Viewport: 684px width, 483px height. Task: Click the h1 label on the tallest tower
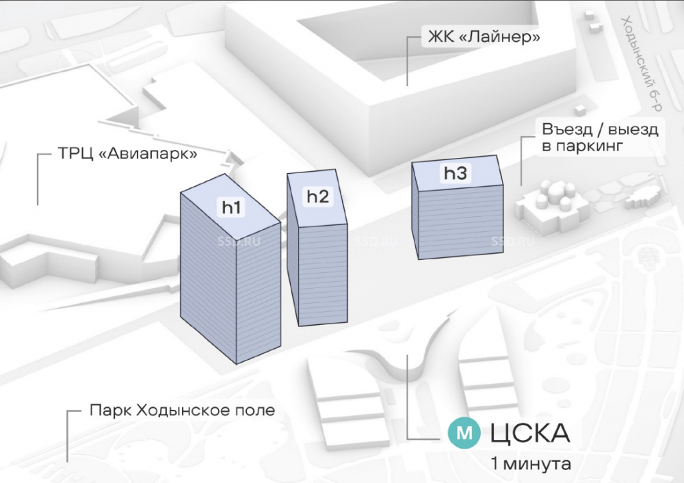click(x=231, y=208)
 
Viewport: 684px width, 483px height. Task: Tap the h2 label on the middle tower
click(x=317, y=197)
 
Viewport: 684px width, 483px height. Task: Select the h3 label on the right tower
click(x=455, y=174)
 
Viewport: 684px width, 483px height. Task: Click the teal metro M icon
click(x=465, y=433)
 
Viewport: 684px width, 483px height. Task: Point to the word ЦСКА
click(x=530, y=433)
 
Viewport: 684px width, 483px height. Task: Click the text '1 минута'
click(x=531, y=463)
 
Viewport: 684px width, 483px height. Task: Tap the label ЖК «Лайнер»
click(x=484, y=37)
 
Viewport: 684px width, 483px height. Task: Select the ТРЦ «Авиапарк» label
click(x=127, y=154)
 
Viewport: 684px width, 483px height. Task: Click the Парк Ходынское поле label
click(x=183, y=410)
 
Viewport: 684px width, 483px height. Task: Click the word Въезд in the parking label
click(x=568, y=129)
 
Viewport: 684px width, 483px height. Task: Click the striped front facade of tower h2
click(x=324, y=275)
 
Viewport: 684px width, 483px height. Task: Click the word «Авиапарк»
click(x=148, y=154)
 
